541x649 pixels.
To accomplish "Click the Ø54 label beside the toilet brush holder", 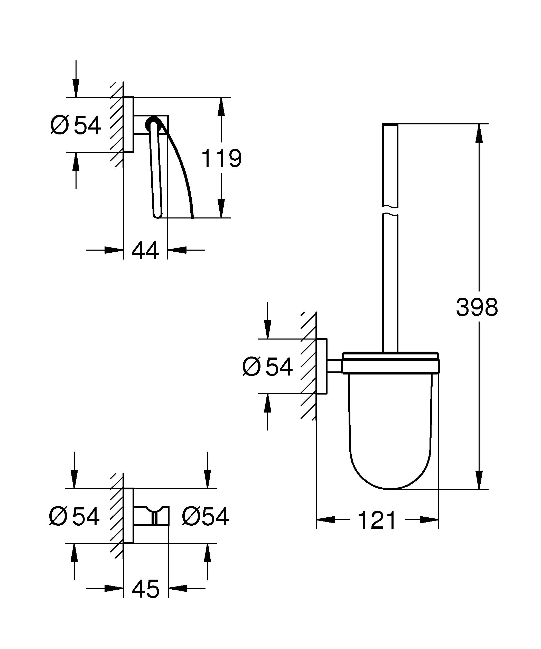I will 267,367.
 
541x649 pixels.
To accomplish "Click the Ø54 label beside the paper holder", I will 76,125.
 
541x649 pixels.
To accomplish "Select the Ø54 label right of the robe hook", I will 205,516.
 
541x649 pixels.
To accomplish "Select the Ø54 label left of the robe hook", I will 74,516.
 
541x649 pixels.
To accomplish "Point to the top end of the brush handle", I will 390,125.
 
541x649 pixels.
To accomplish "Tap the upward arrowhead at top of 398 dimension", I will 479,133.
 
